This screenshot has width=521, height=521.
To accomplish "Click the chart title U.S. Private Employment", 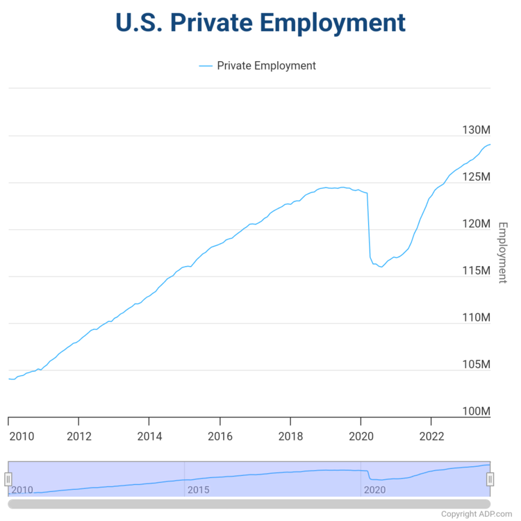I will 260,22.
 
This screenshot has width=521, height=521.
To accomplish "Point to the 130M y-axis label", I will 476,130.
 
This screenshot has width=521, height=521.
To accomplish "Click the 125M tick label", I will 476,177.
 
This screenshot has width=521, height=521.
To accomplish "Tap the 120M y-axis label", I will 476,224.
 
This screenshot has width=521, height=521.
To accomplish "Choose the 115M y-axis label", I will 476,270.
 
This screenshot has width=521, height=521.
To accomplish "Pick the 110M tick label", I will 476,317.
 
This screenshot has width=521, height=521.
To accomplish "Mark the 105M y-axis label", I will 476,365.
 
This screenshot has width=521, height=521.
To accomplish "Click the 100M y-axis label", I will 476,411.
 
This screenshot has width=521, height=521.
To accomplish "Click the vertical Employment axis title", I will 503,252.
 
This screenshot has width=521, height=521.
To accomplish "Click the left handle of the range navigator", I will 8,479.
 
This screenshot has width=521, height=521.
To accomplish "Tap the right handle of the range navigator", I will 490,479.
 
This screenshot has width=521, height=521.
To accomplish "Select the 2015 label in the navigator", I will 198,490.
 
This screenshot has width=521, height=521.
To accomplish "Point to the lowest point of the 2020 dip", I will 381,267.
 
